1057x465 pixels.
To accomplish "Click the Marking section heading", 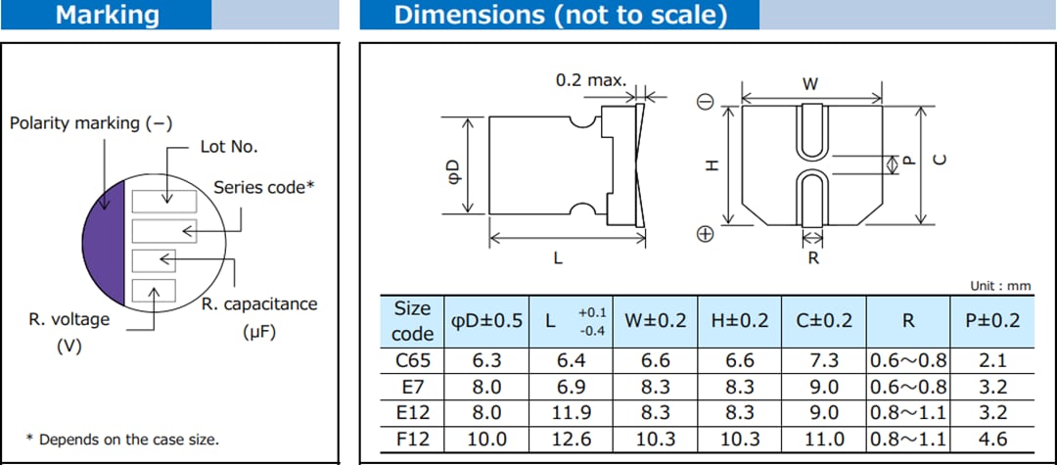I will point(107,15).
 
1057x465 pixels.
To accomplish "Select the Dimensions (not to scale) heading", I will point(560,15).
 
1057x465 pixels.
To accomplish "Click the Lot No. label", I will point(229,146).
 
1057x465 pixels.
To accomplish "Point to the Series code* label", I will point(263,187).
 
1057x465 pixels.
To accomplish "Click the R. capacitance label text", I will point(259,304).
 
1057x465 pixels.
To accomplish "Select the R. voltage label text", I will point(69,319).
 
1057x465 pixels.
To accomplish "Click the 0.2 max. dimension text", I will point(590,80).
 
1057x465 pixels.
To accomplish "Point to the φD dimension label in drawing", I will point(453,165).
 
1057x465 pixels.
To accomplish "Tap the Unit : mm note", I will point(1000,286).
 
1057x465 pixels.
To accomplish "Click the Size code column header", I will point(412,320).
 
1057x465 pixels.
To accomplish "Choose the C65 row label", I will point(412,360).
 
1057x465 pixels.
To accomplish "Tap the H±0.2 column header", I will point(739,320).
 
